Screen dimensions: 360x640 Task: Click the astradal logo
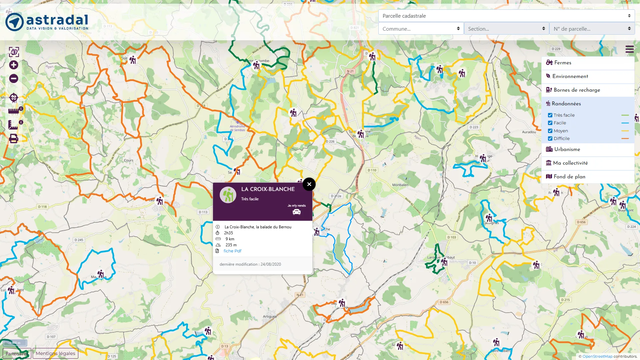click(47, 22)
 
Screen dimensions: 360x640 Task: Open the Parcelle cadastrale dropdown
click(506, 16)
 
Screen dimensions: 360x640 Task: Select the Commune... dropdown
click(421, 29)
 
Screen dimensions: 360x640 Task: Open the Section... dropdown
click(506, 29)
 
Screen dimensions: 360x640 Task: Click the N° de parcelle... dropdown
click(592, 29)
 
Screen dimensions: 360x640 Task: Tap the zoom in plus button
click(14, 65)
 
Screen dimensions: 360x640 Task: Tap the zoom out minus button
click(14, 79)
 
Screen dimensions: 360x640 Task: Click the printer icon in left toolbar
click(14, 138)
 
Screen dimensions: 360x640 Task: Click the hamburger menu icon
click(629, 49)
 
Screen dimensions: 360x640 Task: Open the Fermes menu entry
click(563, 63)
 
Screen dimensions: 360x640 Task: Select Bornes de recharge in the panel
click(577, 90)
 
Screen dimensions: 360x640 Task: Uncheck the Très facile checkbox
click(550, 115)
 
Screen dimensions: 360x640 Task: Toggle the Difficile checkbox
click(550, 139)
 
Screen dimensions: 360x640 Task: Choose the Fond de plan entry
click(569, 177)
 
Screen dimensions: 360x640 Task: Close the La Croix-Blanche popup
click(309, 184)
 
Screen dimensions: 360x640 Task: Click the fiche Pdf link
click(232, 251)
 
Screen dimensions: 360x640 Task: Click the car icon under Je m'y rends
click(296, 212)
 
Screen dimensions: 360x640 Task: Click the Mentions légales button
click(55, 353)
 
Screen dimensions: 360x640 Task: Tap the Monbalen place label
click(400, 185)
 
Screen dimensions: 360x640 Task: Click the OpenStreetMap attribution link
click(597, 356)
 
